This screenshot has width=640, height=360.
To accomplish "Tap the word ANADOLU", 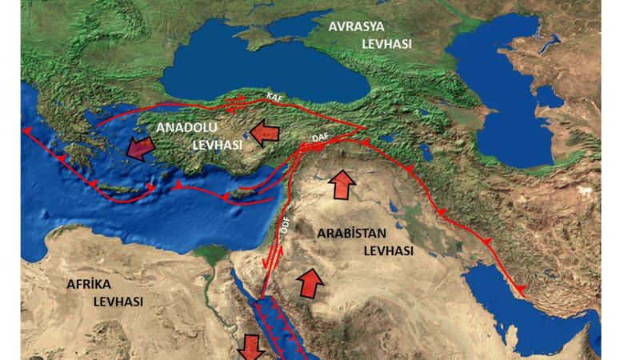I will coord(190,128).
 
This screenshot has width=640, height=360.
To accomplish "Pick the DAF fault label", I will coord(320,138).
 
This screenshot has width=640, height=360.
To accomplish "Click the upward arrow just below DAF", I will coord(342,184).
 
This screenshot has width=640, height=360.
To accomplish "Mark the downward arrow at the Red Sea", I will coord(252,346).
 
